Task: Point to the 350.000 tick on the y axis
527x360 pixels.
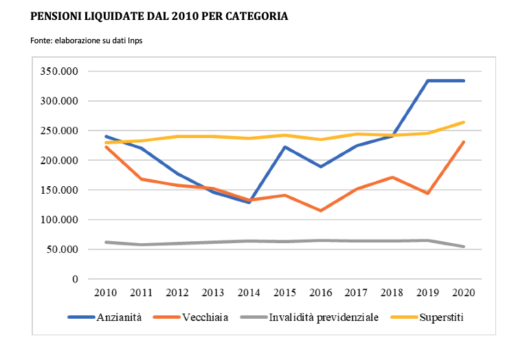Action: click(x=60, y=71)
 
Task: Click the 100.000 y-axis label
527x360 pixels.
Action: click(x=60, y=220)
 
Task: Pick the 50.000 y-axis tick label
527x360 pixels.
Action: click(x=63, y=249)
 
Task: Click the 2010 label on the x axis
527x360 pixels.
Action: click(x=106, y=293)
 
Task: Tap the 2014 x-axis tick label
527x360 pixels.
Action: click(x=248, y=293)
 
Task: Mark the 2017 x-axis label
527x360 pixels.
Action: click(x=355, y=293)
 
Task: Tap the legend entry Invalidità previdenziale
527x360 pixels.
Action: click(x=324, y=317)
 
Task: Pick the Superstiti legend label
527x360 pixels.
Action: click(x=442, y=317)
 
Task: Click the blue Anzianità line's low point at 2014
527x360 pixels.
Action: click(x=248, y=202)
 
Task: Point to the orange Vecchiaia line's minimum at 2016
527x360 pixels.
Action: click(x=319, y=210)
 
